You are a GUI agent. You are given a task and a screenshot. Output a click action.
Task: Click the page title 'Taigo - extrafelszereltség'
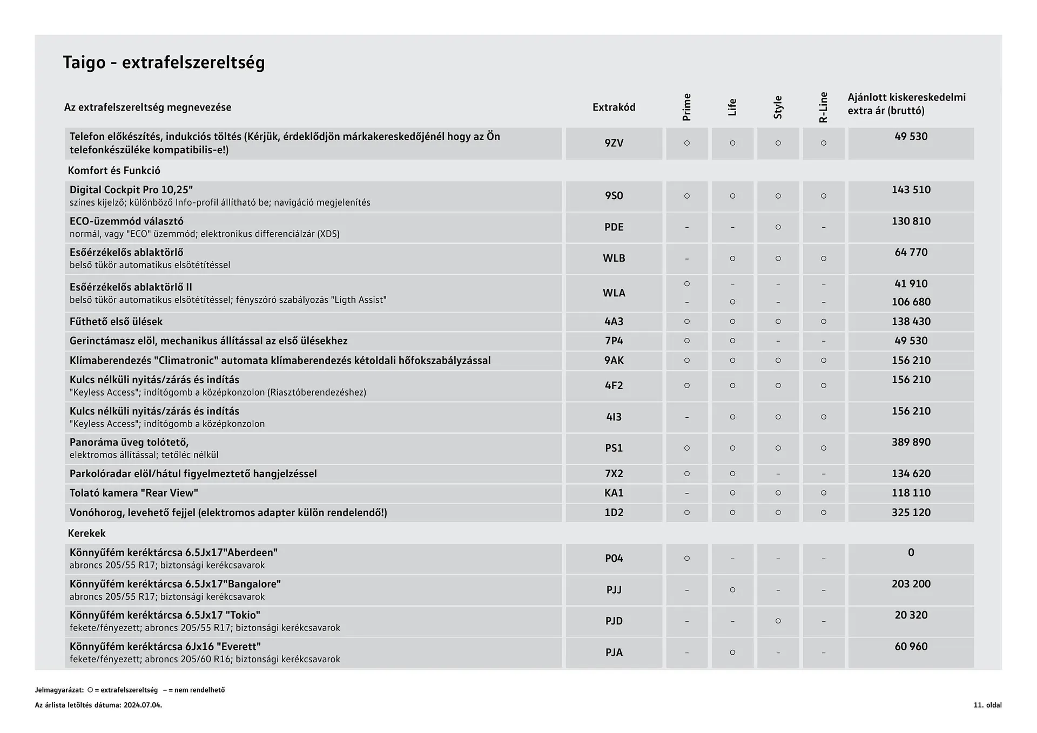coord(164,63)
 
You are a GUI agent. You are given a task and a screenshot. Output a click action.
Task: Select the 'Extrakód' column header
coord(614,107)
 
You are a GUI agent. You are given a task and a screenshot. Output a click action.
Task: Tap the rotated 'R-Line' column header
coord(823,107)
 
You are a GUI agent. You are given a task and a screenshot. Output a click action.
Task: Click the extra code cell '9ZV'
coord(614,143)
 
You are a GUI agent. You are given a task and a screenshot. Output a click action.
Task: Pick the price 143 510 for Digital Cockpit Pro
coord(911,190)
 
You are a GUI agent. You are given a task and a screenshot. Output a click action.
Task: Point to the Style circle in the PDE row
coord(778,227)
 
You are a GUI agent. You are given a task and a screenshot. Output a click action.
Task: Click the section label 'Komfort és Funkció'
coord(114,171)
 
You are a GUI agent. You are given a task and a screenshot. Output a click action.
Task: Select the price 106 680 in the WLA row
coord(911,302)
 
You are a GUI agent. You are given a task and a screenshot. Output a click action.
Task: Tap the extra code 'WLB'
coord(614,259)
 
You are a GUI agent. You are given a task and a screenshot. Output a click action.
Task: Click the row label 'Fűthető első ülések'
coord(116,322)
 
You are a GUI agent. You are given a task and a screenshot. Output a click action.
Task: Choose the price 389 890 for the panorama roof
coord(911,443)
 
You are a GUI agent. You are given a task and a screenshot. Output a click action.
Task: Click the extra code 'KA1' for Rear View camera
coord(614,493)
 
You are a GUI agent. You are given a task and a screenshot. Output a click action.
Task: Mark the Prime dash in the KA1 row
coord(686,493)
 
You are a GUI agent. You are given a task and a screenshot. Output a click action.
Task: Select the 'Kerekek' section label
coord(86,533)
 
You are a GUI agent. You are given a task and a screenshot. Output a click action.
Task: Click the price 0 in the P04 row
coord(911,553)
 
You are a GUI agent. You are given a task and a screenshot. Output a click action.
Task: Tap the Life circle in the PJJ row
coord(732,590)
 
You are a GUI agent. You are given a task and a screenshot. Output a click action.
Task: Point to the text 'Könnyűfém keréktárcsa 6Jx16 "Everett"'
coord(165,647)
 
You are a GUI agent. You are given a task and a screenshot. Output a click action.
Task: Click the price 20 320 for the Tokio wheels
coord(911,615)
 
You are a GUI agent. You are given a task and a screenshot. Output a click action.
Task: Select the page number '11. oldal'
coord(987,705)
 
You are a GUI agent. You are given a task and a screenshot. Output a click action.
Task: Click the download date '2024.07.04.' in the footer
coord(143,705)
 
